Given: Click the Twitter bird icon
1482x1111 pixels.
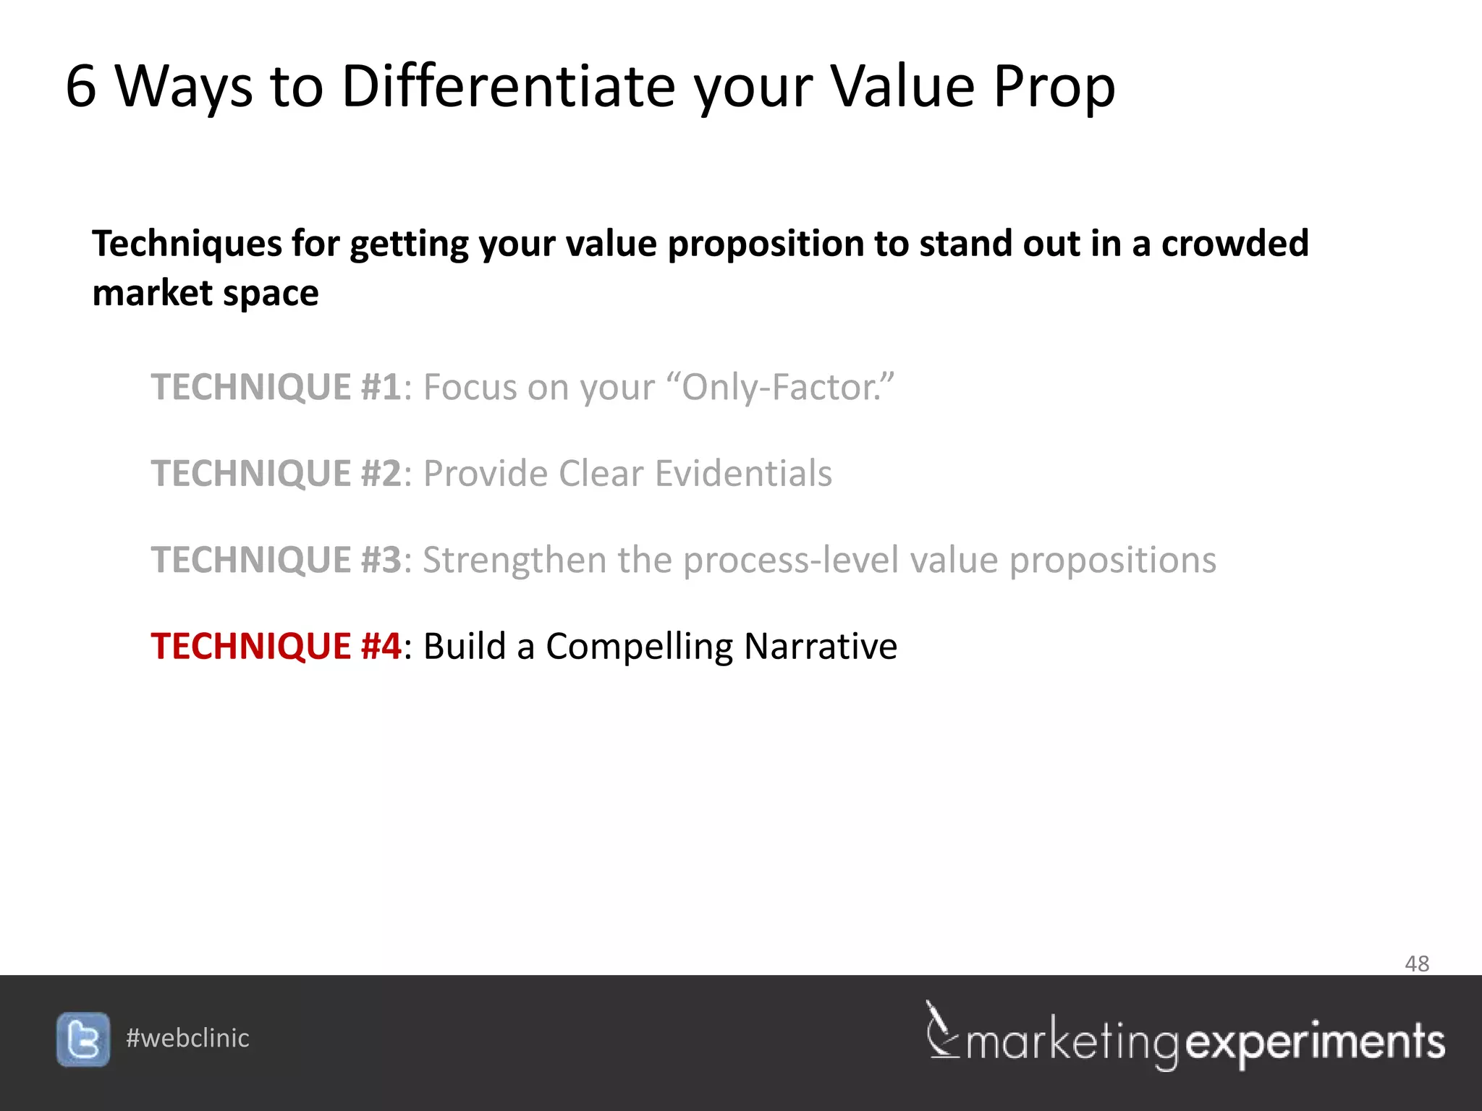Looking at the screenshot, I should coord(83,1039).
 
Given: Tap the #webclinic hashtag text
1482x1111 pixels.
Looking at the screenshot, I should coord(187,1038).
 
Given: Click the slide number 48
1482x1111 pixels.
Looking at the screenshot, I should coord(1416,963).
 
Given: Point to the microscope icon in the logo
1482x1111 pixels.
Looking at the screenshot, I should coord(941,1031).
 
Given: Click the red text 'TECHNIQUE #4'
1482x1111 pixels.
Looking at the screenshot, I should coord(276,646).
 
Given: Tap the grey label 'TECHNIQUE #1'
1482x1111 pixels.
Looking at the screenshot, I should coord(276,387).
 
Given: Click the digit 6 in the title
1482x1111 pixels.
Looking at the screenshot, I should coord(80,86).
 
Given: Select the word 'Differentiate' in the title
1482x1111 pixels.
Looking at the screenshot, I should coord(508,86).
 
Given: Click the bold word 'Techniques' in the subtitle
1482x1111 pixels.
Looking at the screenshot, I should coord(187,244).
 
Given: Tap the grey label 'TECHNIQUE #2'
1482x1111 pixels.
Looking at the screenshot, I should coord(276,474).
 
